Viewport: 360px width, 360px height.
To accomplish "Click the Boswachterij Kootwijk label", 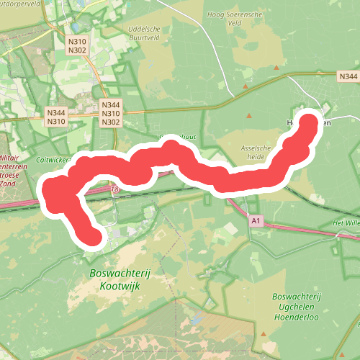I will [x=114, y=280].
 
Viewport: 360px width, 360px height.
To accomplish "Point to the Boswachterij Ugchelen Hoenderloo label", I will [x=297, y=307].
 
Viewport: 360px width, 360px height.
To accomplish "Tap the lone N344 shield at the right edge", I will [x=347, y=76].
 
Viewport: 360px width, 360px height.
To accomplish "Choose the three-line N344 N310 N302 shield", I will [x=111, y=114].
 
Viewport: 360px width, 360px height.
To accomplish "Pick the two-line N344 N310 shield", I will [x=55, y=117].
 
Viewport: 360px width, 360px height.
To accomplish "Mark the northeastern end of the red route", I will [x=310, y=122].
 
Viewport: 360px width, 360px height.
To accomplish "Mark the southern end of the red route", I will [x=93, y=236].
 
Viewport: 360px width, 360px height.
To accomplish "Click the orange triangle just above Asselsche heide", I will [x=250, y=115].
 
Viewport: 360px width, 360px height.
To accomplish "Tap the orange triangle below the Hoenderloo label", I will [x=264, y=335].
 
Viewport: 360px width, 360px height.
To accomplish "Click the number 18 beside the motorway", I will [x=115, y=189].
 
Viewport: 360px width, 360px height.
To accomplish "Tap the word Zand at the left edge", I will [x=9, y=184].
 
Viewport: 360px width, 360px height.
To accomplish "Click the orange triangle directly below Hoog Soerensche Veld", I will [x=246, y=86].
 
